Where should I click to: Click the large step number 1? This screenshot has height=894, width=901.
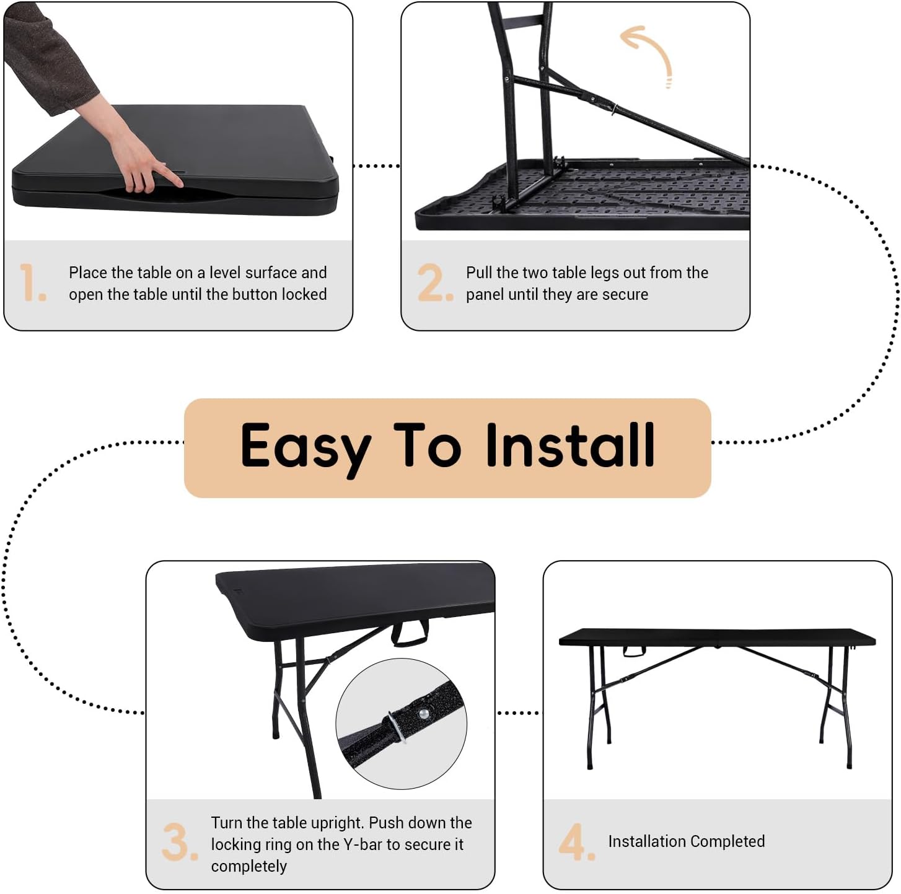pos(32,283)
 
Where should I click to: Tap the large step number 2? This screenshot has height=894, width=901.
pos(434,283)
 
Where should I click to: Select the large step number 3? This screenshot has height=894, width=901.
pos(179,843)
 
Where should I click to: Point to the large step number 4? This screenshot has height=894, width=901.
pos(576,843)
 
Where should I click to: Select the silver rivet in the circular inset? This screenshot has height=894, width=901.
pos(423,714)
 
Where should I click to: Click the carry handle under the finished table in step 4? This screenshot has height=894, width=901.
pos(634,651)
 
